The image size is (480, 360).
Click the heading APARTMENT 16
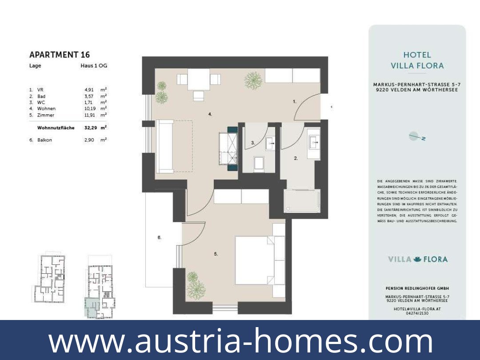(x=59, y=55)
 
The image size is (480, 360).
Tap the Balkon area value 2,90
(x=89, y=140)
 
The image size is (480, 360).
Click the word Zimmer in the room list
(x=46, y=115)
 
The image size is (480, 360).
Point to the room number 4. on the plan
(x=210, y=114)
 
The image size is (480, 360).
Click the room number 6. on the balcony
(x=160, y=238)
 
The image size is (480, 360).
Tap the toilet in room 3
(x=259, y=164)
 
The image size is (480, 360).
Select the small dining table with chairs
(x=198, y=80)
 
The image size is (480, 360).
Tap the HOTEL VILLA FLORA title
(x=417, y=60)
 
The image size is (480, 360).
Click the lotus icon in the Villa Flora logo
(x=417, y=259)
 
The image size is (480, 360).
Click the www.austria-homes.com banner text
(x=240, y=341)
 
